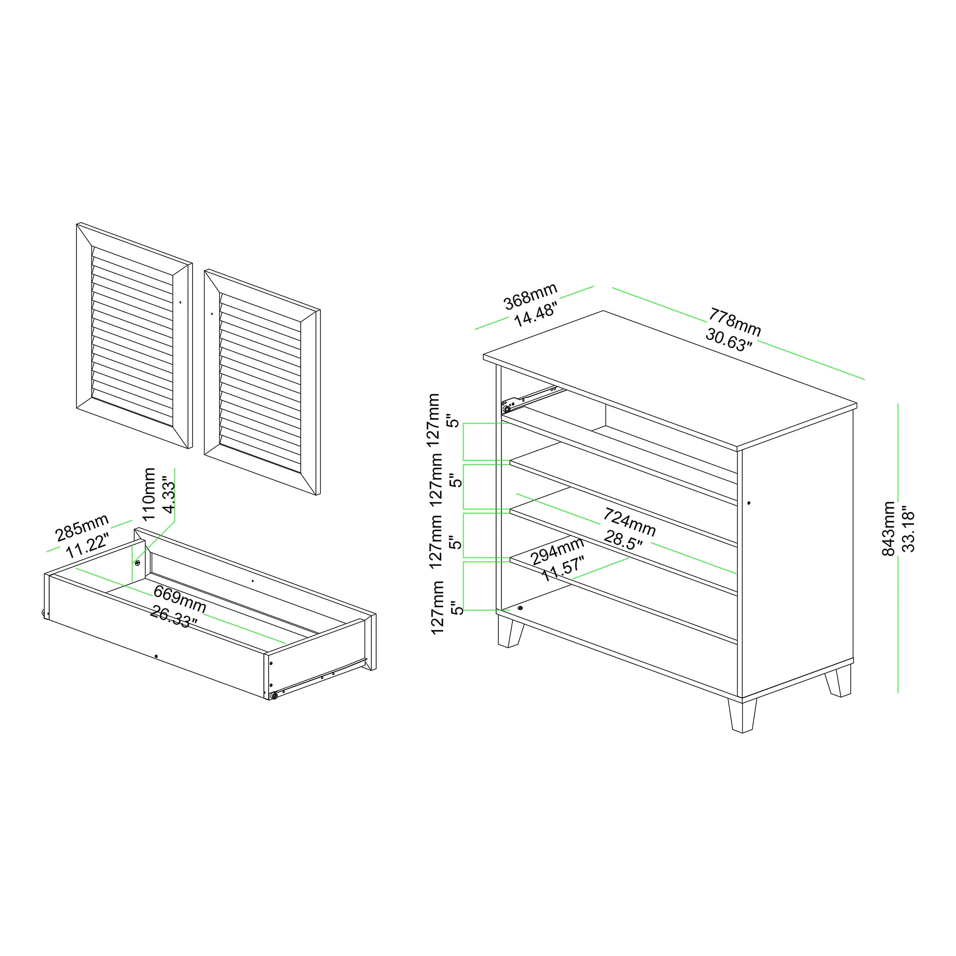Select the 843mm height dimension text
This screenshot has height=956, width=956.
coord(889,529)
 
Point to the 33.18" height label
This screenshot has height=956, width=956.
coord(909,529)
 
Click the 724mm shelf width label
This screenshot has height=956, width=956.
coord(629,522)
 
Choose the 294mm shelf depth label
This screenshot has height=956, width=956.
coord(558,551)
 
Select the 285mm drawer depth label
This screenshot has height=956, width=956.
coord(82,528)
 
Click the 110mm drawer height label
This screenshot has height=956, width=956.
coord(149,494)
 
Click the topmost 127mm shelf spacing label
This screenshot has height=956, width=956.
coord(434,420)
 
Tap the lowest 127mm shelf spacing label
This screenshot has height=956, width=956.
coord(437,608)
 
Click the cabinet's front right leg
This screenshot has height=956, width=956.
coord(742,715)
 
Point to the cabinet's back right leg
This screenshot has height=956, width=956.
coord(838,681)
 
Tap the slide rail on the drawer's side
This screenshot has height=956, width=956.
coord(319,678)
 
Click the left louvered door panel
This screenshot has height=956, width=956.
coord(134,336)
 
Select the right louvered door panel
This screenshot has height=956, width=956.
coord(262,382)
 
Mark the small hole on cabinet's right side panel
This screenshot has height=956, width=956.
coord(749,503)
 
